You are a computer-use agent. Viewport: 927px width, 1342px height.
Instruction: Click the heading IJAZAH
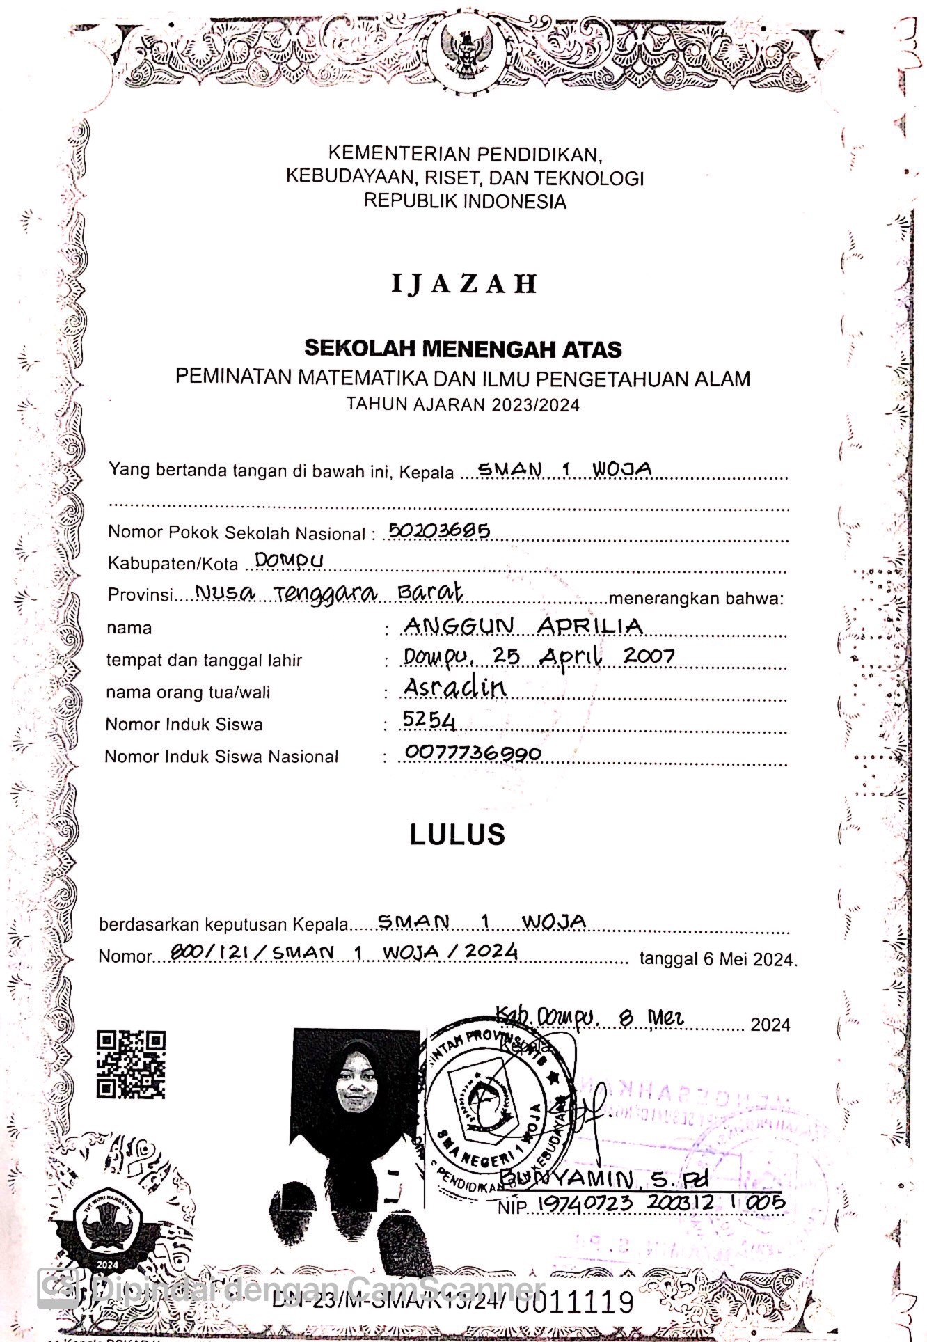pos(464,283)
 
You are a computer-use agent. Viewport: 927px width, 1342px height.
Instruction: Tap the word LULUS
pos(457,835)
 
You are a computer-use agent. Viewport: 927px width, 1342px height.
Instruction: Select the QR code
pos(131,1064)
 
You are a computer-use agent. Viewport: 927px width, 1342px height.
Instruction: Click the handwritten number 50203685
pos(439,531)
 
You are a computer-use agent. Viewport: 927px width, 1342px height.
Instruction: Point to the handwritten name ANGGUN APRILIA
pos(523,626)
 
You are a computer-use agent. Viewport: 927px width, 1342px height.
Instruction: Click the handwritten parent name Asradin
pos(454,687)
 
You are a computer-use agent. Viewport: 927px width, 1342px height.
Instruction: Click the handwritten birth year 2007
pos(649,655)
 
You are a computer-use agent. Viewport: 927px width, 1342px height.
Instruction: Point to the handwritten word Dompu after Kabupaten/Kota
pos(289,560)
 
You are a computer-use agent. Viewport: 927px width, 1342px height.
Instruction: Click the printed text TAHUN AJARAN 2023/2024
pos(463,404)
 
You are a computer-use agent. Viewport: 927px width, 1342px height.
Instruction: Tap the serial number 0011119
pos(575,1300)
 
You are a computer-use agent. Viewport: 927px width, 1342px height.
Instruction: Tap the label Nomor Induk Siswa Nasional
pos(221,757)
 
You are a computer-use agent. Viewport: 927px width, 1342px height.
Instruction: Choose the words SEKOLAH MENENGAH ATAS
pos(463,348)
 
